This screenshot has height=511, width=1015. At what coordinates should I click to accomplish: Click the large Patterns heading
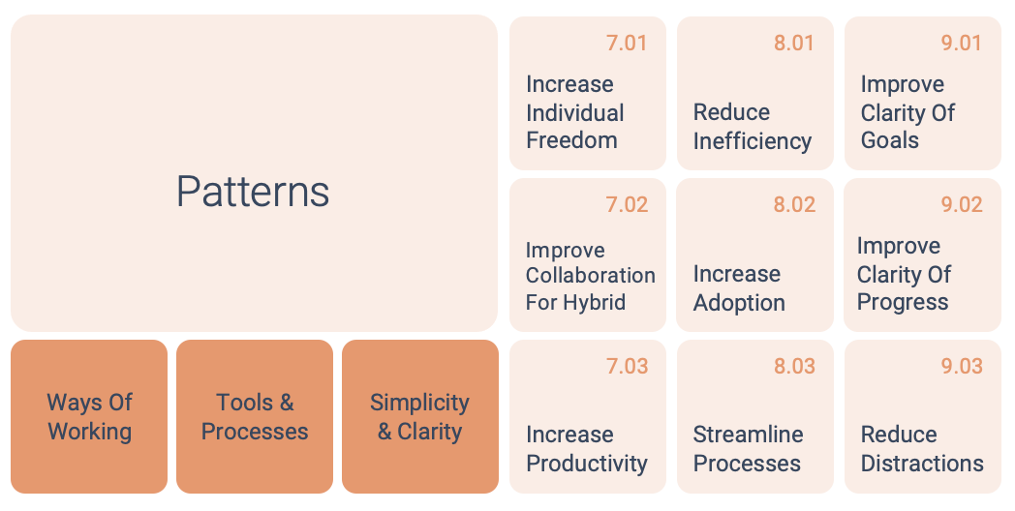[253, 192]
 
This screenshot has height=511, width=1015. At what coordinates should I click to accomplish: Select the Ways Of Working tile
[89, 416]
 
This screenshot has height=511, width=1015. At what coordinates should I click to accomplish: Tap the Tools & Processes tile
[255, 416]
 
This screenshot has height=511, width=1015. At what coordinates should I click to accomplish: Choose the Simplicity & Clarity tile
[420, 416]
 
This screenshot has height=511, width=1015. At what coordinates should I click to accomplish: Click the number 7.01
[627, 43]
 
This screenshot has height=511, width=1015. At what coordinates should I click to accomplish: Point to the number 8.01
[793, 43]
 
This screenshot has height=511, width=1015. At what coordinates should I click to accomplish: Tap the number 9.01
[962, 43]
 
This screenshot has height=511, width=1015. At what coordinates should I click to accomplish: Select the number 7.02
[627, 204]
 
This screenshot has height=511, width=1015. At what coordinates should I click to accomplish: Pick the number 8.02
[794, 204]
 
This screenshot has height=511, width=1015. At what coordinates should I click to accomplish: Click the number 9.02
[962, 204]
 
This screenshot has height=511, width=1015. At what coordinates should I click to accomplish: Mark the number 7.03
[627, 366]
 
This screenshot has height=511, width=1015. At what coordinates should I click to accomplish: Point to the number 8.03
[794, 366]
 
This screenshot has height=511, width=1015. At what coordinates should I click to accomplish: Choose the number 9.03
[962, 366]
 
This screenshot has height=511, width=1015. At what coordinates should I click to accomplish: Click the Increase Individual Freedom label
[575, 112]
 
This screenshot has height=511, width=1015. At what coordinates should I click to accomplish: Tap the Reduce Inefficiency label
[753, 126]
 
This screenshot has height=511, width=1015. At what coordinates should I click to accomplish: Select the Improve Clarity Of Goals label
[907, 112]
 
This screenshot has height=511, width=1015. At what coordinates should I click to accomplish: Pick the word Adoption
[739, 302]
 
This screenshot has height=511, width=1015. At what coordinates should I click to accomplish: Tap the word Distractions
[922, 464]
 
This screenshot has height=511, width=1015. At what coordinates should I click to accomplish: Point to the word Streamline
[749, 434]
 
